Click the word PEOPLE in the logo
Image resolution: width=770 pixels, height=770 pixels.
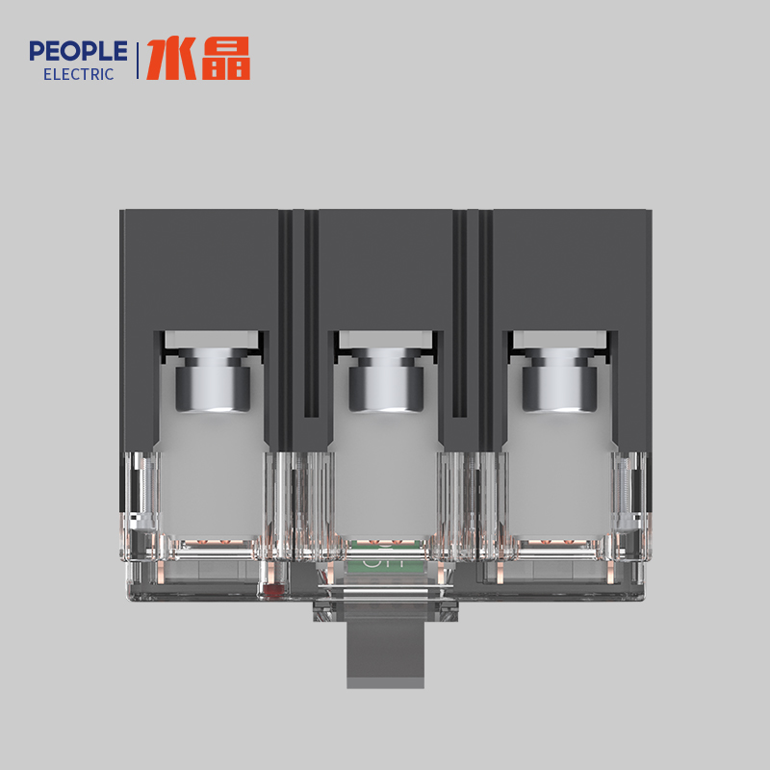tap(78, 51)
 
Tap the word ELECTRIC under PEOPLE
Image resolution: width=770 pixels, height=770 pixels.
tap(79, 74)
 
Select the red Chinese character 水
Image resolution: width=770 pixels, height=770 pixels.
tap(169, 60)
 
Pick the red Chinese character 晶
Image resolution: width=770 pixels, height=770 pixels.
tap(226, 60)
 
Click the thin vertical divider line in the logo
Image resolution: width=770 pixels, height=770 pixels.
tap(138, 60)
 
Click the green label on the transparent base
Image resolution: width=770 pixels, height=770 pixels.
tap(385, 558)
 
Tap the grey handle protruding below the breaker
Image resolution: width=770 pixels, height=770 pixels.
tap(385, 654)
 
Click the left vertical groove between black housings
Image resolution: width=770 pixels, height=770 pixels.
tap(298, 308)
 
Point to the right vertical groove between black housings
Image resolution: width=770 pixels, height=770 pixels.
tap(473, 308)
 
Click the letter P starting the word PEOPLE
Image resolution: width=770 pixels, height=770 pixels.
tap(37, 51)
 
